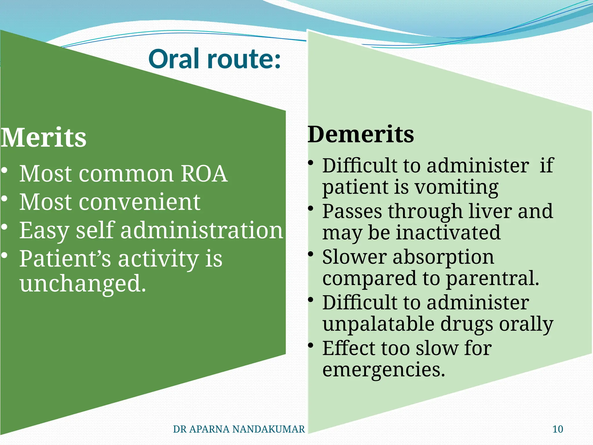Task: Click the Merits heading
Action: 43,138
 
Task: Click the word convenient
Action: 139,202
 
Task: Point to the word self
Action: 95,230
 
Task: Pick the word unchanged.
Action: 83,283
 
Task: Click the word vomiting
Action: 457,187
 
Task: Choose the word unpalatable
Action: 378,324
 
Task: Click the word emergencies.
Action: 383,370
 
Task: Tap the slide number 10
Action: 558,429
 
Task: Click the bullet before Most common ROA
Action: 4,171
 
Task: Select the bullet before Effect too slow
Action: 311,345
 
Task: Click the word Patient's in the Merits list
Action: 65,258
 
